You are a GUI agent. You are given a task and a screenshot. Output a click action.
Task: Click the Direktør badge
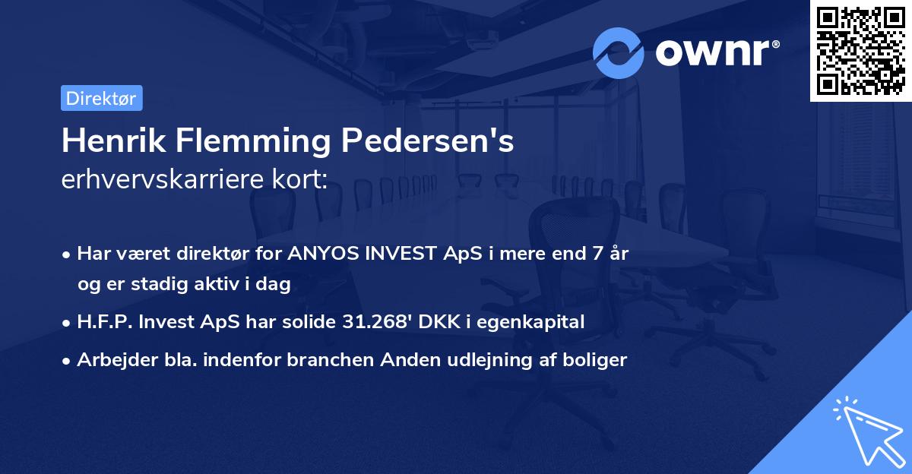click(101, 98)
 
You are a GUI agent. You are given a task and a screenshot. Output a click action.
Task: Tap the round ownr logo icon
click(619, 52)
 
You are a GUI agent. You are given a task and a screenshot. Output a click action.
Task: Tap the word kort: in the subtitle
click(301, 181)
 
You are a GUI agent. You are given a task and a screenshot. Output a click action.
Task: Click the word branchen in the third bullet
click(325, 360)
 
